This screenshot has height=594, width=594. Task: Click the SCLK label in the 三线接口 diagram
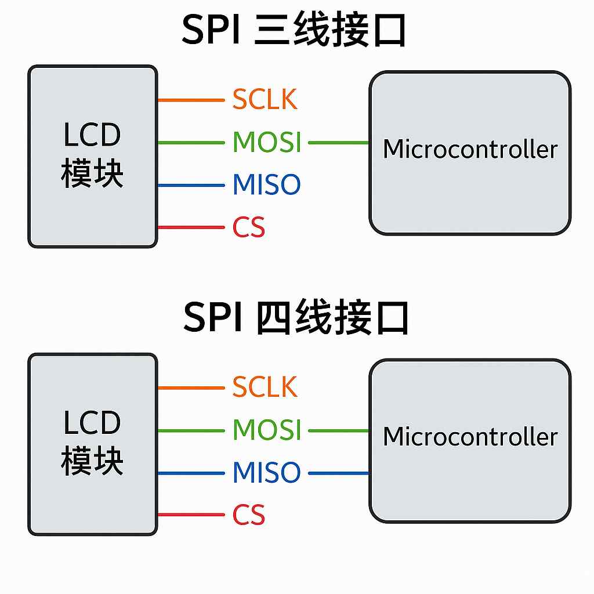point(265,100)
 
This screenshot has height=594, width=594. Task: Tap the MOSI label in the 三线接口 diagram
point(267,142)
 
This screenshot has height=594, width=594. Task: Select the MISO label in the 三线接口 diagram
point(266,185)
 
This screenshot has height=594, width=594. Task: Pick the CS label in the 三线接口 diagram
point(249,227)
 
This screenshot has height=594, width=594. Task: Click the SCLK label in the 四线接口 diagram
point(265,387)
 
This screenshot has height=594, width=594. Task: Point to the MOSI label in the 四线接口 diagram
point(267,430)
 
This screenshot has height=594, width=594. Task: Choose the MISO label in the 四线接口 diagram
point(266,473)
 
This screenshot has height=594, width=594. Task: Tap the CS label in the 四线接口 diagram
point(249,515)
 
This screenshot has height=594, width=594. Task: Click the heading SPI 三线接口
point(294,31)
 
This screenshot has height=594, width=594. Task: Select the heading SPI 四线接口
point(296,318)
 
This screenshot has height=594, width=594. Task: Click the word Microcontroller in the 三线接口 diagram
point(470,150)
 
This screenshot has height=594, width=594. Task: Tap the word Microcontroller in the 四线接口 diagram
point(470,437)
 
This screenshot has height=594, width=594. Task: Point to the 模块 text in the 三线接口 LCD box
point(92,174)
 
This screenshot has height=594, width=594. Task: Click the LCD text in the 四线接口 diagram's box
point(92,423)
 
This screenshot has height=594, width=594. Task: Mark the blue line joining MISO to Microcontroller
point(339,473)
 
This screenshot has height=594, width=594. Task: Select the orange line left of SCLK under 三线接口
point(190,100)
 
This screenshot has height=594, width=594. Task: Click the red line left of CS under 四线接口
point(190,515)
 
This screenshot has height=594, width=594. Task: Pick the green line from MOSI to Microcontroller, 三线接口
point(339,143)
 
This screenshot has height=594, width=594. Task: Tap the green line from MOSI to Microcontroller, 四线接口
point(339,431)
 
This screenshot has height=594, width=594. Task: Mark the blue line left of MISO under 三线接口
point(190,186)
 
